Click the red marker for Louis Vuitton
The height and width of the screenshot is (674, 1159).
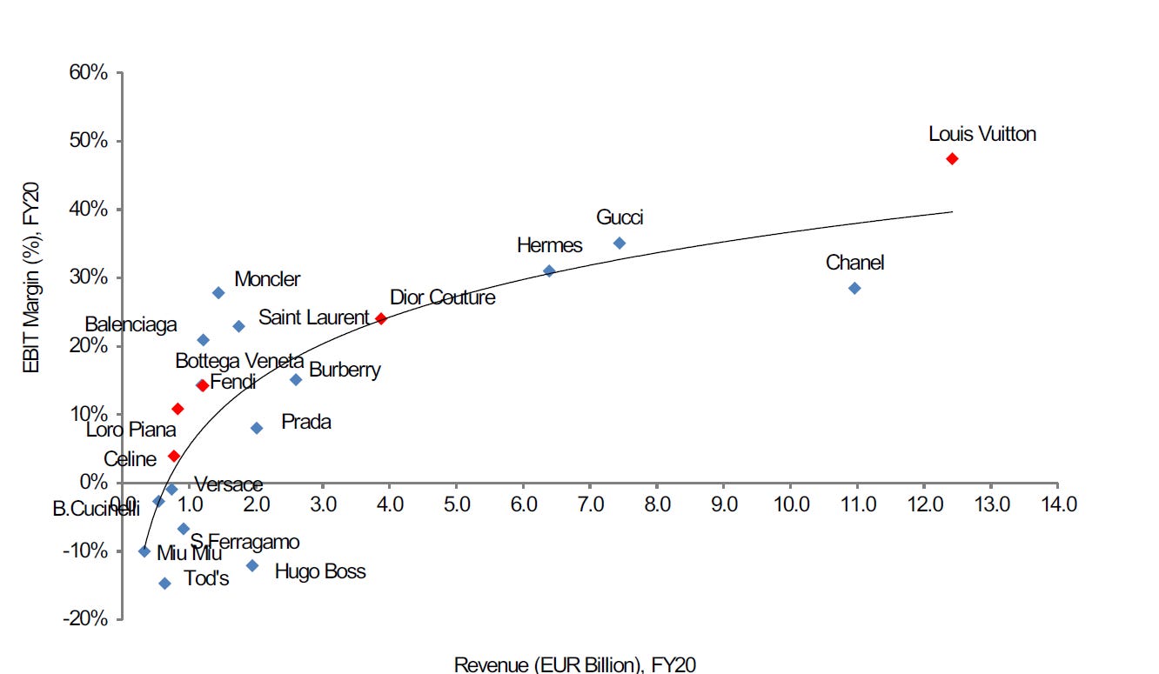(x=952, y=158)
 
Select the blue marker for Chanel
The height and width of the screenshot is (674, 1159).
(x=854, y=288)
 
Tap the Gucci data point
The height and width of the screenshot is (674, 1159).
(x=620, y=243)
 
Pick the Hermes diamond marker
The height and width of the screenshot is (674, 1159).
(x=549, y=270)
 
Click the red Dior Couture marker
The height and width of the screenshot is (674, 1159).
(x=380, y=318)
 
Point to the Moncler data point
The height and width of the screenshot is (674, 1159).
(x=218, y=293)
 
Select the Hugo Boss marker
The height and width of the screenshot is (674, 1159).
(x=252, y=565)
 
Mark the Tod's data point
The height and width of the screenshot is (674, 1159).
(x=164, y=584)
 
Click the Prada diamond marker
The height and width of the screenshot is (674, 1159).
(x=257, y=428)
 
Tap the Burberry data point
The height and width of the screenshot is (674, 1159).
(x=296, y=379)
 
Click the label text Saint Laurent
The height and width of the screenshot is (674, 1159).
(x=314, y=317)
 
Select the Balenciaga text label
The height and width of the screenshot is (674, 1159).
(x=131, y=324)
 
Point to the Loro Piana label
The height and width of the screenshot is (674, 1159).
(x=131, y=430)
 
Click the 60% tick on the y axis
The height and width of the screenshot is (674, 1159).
(x=90, y=73)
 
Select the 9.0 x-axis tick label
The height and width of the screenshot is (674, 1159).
(x=724, y=504)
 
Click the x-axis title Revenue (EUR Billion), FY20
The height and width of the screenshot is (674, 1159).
(x=575, y=664)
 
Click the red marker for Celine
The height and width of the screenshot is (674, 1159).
(x=174, y=456)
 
